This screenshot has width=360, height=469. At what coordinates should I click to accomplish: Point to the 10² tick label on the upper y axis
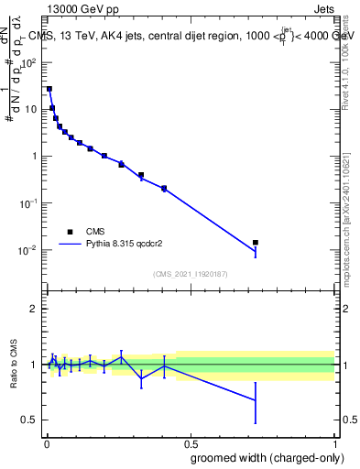click(29, 61)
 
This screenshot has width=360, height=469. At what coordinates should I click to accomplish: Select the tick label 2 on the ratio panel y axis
click(35, 309)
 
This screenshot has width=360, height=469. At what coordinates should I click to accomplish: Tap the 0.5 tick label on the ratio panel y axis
click(30, 420)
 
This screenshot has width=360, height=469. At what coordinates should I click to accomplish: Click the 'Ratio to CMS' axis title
click(13, 365)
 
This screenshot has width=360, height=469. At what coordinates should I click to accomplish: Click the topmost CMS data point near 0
click(49, 89)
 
